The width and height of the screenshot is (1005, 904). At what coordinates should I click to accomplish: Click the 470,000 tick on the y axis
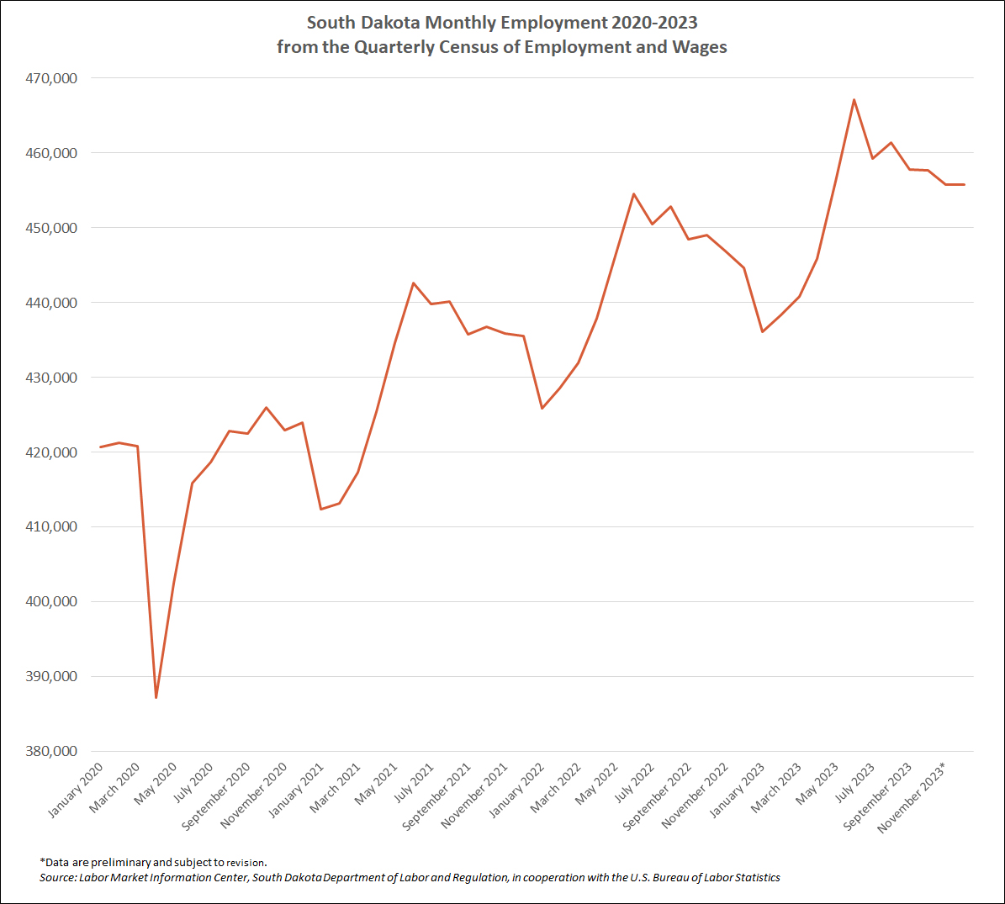pos(53,78)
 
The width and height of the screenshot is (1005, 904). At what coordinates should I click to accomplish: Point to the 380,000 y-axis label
pos(53,751)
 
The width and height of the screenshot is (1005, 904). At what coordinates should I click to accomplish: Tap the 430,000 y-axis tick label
pos(53,378)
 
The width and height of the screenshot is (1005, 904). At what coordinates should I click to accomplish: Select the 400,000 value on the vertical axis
pos(53,601)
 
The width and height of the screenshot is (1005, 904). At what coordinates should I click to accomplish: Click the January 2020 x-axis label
pos(77,790)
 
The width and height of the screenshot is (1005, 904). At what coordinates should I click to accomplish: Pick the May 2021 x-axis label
pos(376,784)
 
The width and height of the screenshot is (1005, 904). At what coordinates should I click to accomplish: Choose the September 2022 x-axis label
pos(659,796)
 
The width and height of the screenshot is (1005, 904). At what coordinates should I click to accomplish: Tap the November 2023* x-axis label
pos(913,797)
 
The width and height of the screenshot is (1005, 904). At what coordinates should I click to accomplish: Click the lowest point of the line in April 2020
pos(156,697)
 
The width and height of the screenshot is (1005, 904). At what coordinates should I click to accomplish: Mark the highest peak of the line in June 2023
pos(854,100)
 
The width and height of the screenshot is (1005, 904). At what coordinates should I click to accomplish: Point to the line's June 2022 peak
pos(634,194)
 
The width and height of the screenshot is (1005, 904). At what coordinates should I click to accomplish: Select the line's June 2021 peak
pos(413,283)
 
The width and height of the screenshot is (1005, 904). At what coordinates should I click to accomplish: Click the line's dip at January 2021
pos(320,509)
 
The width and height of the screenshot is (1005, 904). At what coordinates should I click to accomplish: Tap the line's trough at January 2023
pos(762,331)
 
